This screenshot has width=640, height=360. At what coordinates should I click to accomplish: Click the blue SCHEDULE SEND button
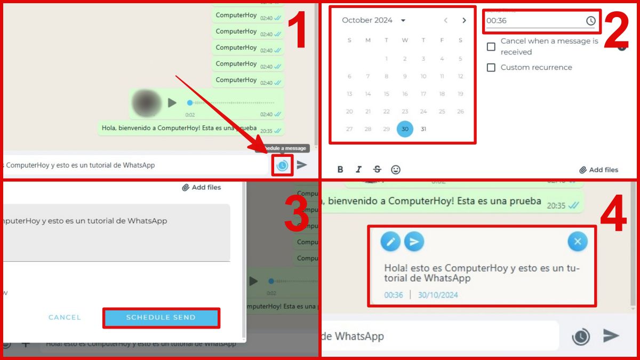coord(161,317)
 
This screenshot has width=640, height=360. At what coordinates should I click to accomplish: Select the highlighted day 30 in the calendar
coord(405,129)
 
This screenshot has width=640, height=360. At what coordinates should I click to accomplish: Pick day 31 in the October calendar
coord(423,129)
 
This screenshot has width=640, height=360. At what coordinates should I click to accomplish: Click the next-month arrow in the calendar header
coord(464,20)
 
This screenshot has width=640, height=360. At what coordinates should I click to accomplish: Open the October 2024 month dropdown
coord(403,20)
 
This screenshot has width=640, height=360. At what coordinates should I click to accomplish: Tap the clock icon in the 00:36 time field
coord(590,21)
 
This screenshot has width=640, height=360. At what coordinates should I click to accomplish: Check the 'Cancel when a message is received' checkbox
coord(491,46)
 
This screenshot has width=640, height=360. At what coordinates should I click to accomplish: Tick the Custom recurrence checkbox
coord(491,68)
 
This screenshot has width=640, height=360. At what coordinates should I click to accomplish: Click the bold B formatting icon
coord(340,170)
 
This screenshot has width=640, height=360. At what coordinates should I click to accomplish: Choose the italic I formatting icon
coord(358,170)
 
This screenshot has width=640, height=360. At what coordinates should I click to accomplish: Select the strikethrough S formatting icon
coord(377,170)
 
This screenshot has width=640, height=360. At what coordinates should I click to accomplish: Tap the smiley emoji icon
coord(396,170)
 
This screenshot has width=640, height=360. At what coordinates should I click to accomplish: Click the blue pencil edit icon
coord(390,242)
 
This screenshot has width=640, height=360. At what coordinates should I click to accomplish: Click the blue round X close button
coord(577,242)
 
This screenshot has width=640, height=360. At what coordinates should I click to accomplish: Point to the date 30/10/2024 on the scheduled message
coord(438,295)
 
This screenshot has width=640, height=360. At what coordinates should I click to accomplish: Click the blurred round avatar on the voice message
coord(146,102)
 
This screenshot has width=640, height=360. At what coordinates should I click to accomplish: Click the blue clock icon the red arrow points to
coord(282,165)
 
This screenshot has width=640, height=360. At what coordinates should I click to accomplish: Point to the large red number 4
coord(613,216)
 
